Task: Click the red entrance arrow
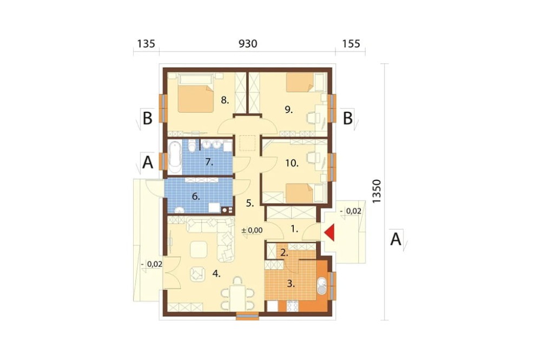coord(331,233)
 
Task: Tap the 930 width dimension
coord(248,44)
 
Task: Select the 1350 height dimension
coord(377,191)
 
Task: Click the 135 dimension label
coord(146,44)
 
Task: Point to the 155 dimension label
coord(351,44)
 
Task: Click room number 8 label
coord(225,101)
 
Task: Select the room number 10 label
coord(292,163)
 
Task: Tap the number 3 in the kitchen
coord(291,284)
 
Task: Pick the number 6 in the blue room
coord(196,197)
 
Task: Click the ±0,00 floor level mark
coord(252,230)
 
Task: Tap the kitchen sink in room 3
coord(321,286)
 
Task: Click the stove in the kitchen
coord(293,306)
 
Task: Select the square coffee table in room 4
coord(199,250)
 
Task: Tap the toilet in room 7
coord(192,146)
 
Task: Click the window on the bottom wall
coord(247,316)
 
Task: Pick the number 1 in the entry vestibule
coord(294,229)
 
